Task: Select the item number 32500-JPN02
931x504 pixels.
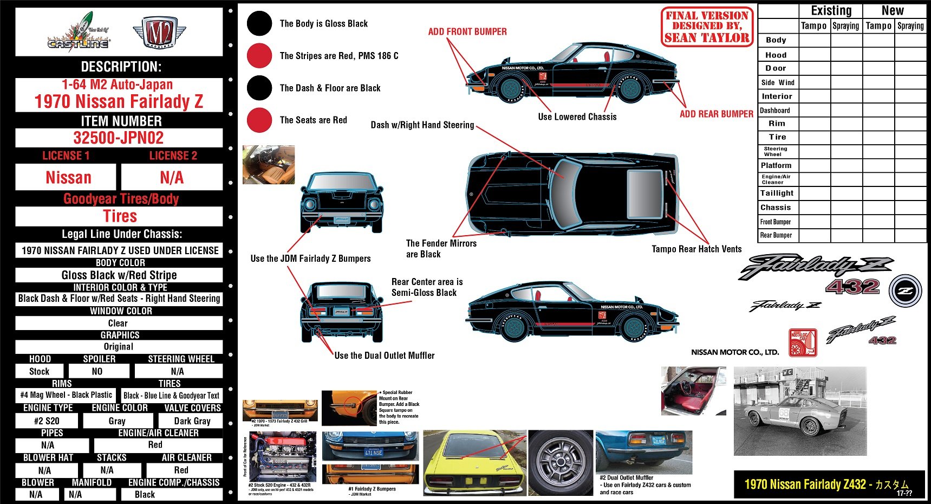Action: coord(119,138)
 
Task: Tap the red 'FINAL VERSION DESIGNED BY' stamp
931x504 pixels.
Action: coord(707,27)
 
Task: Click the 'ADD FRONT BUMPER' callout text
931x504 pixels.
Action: coord(467,31)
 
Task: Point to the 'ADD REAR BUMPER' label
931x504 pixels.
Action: coord(716,114)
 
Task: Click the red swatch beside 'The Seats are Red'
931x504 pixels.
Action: coord(259,120)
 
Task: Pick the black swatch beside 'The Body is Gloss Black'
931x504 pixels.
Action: coord(259,24)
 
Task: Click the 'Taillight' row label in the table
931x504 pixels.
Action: coord(777,193)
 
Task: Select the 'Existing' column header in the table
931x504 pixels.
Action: coord(831,11)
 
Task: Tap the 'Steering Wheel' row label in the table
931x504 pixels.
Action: coord(776,151)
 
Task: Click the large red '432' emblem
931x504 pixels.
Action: coord(852,286)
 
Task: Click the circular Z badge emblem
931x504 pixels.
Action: coord(905,290)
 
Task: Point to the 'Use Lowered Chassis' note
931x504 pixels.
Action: coord(577,117)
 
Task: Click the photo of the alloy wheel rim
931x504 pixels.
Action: coord(561,463)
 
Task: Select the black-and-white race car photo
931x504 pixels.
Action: coord(800,411)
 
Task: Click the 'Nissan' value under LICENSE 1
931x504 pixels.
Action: coord(68,177)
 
